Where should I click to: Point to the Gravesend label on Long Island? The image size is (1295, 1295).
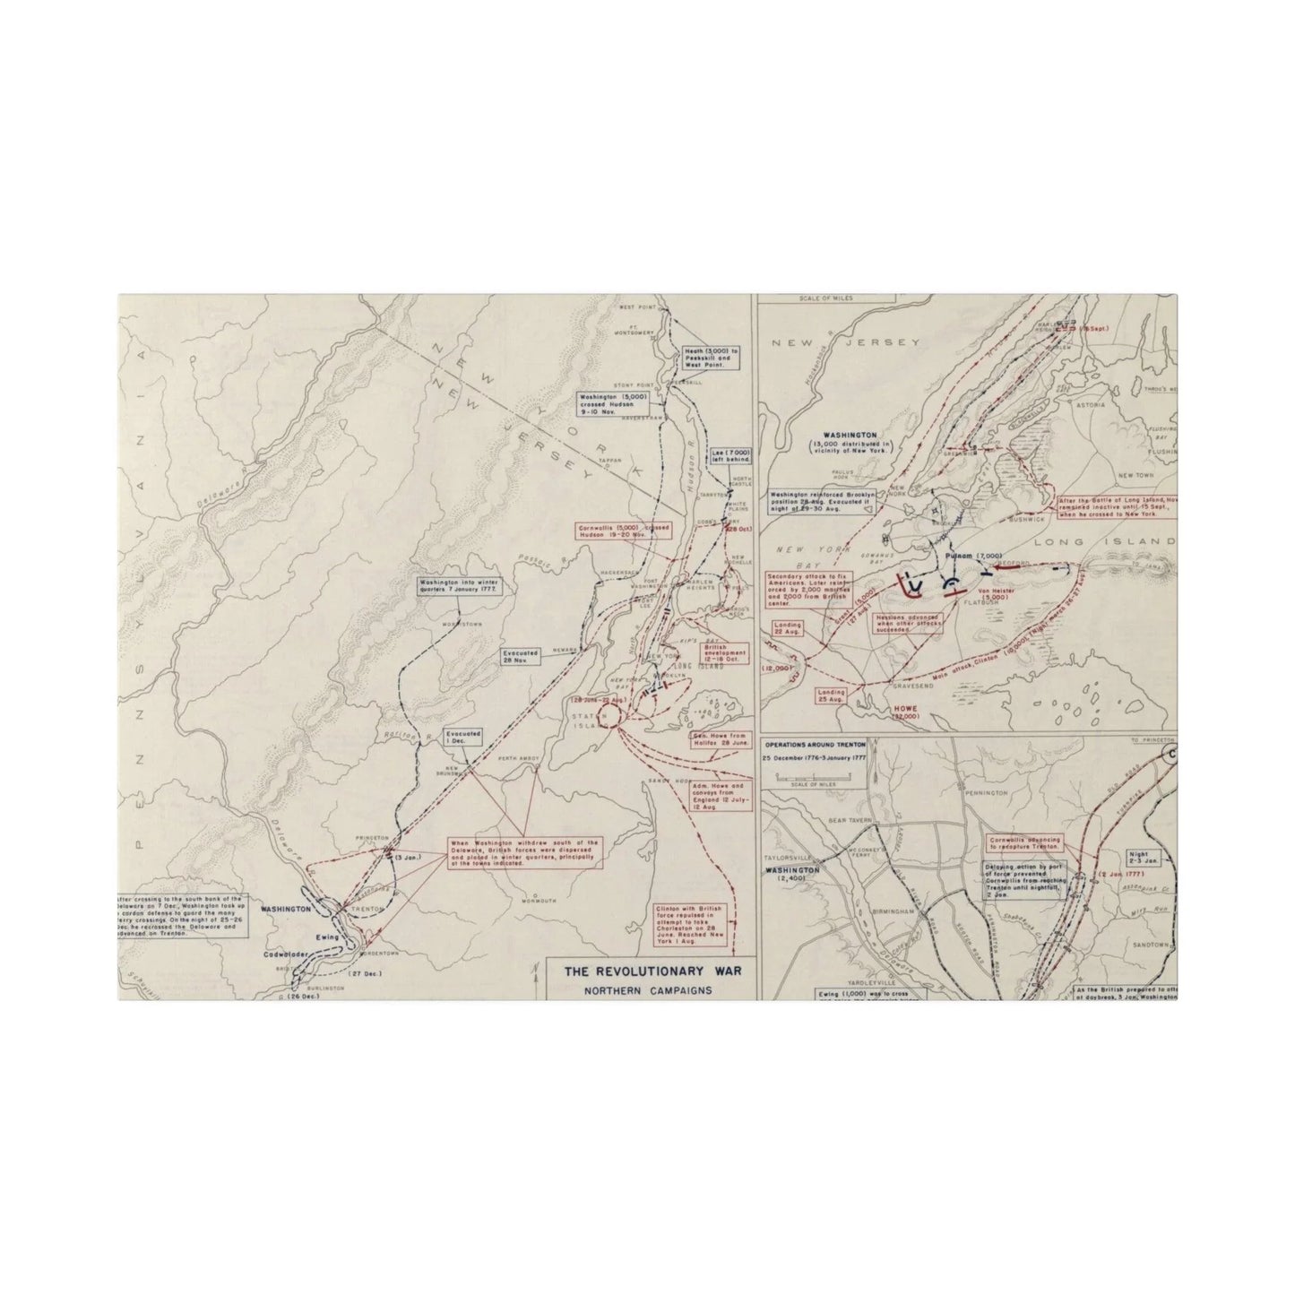(x=912, y=685)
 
